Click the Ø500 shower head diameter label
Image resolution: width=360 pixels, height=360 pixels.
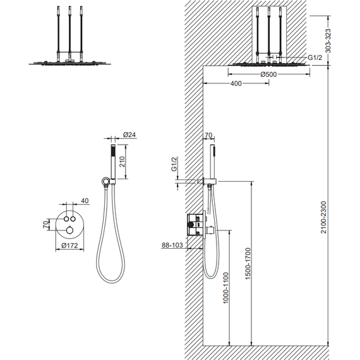[268, 75]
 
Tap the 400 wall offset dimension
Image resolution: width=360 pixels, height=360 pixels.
[236, 83]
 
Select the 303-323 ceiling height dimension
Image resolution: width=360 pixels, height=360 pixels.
[328, 40]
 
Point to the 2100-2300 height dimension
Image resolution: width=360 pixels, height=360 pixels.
[324, 217]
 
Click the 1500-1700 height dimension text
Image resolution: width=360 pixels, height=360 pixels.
[248, 263]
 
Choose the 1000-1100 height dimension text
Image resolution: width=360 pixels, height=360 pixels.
[226, 288]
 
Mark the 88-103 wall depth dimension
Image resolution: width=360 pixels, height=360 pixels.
[172, 245]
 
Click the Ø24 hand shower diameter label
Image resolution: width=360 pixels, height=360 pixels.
[129, 135]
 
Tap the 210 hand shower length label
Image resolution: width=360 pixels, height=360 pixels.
[122, 162]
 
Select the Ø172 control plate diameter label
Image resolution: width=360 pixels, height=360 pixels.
[69, 246]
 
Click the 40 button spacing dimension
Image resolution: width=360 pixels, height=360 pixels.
[85, 201]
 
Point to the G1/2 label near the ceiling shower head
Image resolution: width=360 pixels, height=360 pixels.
[315, 57]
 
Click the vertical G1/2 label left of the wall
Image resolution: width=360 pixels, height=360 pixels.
[174, 164]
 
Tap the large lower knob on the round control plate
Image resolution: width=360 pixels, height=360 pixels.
[69, 229]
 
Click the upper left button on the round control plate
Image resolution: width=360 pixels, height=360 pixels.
[66, 219]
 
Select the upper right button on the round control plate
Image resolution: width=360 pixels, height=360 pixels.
[73, 219]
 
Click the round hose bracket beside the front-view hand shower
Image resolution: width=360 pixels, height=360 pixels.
[105, 181]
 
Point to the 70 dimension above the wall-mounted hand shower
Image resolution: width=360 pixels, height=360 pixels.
[208, 135]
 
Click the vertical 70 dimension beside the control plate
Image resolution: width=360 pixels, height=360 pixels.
[46, 224]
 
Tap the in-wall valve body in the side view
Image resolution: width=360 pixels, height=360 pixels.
[195, 224]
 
